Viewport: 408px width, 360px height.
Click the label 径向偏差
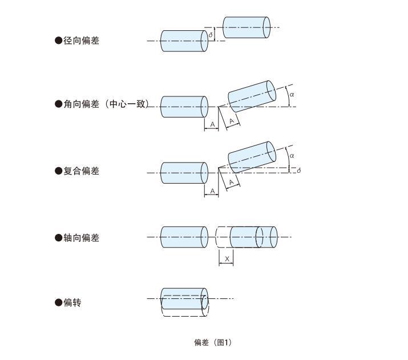click(x=80, y=41)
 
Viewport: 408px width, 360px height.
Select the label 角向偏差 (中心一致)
click(x=106, y=104)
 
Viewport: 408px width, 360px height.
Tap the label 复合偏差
click(x=80, y=171)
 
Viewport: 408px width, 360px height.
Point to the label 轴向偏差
click(x=80, y=238)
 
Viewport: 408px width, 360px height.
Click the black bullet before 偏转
click(x=58, y=303)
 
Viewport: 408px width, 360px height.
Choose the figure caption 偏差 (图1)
click(x=213, y=342)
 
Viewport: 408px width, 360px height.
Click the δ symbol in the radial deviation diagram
click(x=211, y=35)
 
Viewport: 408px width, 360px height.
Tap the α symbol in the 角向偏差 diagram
click(x=292, y=95)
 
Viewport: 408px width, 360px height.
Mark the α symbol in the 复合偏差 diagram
click(x=292, y=155)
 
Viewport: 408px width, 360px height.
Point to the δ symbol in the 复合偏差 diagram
click(x=299, y=171)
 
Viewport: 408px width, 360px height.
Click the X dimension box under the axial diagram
click(x=226, y=259)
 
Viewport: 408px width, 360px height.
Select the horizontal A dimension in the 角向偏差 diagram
click(x=212, y=124)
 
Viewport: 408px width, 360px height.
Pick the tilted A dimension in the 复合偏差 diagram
click(x=231, y=183)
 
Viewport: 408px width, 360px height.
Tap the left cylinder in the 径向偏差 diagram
click(x=184, y=41)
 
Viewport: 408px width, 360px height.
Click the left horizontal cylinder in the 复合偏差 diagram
click(x=184, y=173)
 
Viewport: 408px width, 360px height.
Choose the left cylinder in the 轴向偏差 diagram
click(x=184, y=237)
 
